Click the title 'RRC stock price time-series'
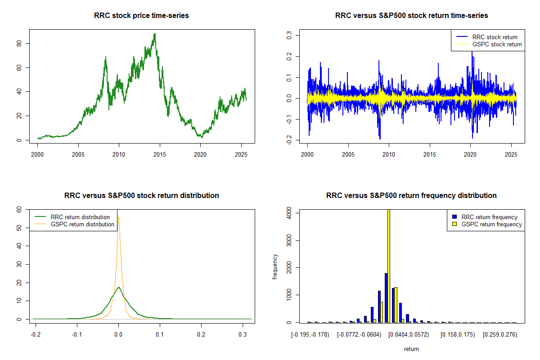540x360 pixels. (141, 16)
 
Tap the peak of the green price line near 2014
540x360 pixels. (155, 34)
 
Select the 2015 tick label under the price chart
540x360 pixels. (160, 154)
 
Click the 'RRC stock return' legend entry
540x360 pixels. (495, 37)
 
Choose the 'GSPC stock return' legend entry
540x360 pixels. (497, 44)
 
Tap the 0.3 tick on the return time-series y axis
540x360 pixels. (289, 34)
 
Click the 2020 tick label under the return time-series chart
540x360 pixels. (470, 154)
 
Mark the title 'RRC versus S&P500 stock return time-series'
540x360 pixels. (411, 16)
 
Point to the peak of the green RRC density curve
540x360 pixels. (118, 287)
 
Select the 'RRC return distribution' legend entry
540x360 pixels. (80, 217)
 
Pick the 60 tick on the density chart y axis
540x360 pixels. (19, 210)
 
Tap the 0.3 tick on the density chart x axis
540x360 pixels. (243, 335)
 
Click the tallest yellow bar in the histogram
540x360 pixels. (388, 265)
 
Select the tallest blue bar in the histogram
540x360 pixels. (386, 297)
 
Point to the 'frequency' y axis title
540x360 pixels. (275, 267)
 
